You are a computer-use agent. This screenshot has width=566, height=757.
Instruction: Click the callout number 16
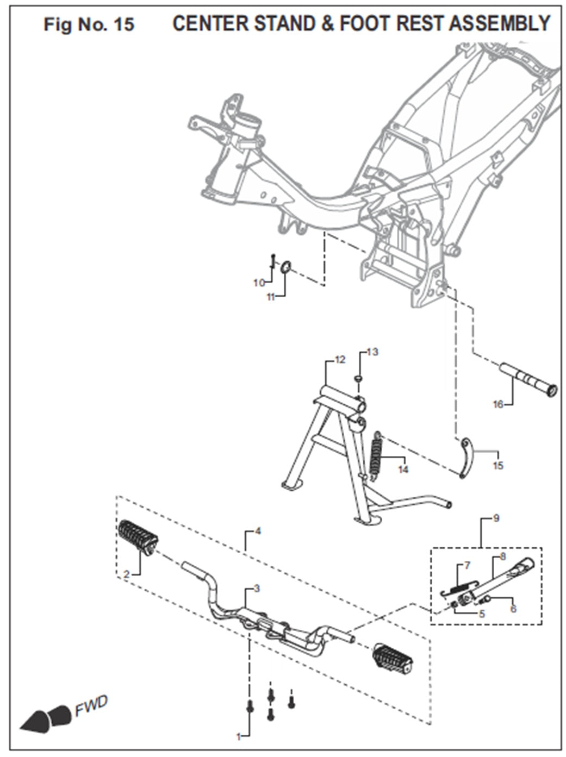497,404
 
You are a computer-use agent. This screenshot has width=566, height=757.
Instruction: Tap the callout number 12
340,360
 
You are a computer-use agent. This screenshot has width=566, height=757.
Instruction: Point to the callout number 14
403,469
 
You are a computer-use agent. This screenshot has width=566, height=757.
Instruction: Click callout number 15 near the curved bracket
498,466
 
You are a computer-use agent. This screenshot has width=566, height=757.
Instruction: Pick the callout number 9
496,518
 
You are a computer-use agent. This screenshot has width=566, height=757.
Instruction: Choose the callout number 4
258,530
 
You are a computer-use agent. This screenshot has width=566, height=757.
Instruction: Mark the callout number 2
126,574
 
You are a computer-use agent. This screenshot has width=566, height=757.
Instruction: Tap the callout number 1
238,736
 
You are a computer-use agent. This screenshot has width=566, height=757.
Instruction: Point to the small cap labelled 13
359,377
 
